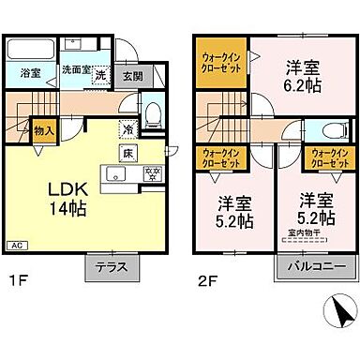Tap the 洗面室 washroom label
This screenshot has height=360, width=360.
coord(75,67)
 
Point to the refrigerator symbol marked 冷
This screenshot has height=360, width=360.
coord(127,129)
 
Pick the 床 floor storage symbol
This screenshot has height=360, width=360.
coord(125,151)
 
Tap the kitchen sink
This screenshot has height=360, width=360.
coord(115,172)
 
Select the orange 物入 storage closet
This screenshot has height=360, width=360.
coord(42,130)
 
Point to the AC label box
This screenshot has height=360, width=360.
coord(16,245)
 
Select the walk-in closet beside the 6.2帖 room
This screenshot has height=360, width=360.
coord(218,68)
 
